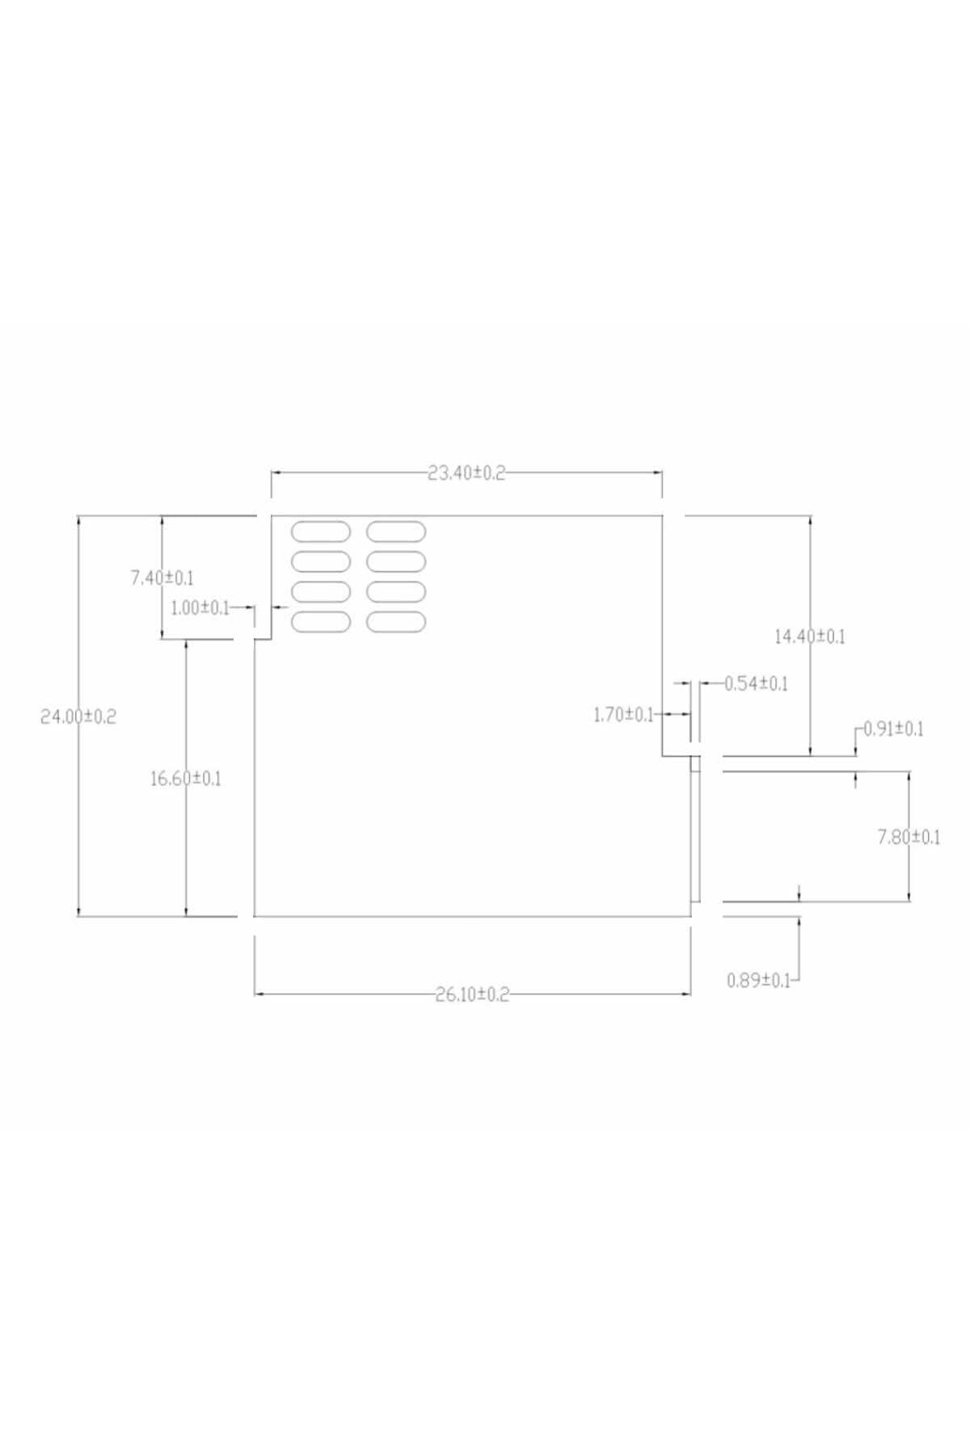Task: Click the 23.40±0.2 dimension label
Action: click(x=466, y=473)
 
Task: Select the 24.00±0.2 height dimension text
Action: click(x=78, y=716)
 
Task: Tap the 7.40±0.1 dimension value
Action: click(x=162, y=578)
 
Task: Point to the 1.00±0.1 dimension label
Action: click(x=200, y=607)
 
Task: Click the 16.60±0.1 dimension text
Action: click(x=186, y=779)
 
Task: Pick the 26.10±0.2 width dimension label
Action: click(x=473, y=994)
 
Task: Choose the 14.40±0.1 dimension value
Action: click(x=810, y=637)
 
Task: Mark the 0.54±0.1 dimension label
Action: click(x=756, y=683)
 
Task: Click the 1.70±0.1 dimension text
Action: click(x=623, y=715)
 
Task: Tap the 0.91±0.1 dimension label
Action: click(x=893, y=729)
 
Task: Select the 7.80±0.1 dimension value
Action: click(x=909, y=837)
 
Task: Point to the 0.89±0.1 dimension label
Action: click(x=758, y=981)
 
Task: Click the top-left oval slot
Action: click(x=321, y=532)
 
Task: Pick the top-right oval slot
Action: click(x=396, y=532)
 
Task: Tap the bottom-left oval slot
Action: click(x=321, y=622)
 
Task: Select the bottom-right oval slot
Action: click(x=396, y=622)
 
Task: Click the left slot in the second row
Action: click(x=321, y=561)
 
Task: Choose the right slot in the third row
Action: click(x=396, y=592)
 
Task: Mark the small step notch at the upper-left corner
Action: click(x=264, y=640)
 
